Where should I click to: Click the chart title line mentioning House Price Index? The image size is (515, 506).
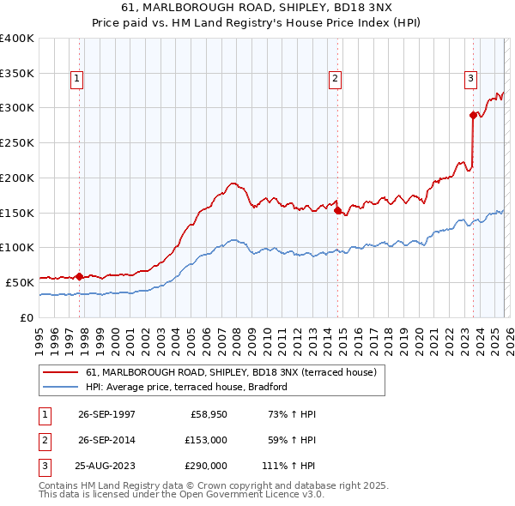pos(257,23)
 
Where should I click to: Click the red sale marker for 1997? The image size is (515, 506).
pos(80,276)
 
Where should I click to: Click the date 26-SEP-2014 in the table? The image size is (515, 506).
pos(106,440)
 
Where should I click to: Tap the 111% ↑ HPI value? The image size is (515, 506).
pos(289,466)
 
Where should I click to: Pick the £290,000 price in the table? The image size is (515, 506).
pos(206,466)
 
